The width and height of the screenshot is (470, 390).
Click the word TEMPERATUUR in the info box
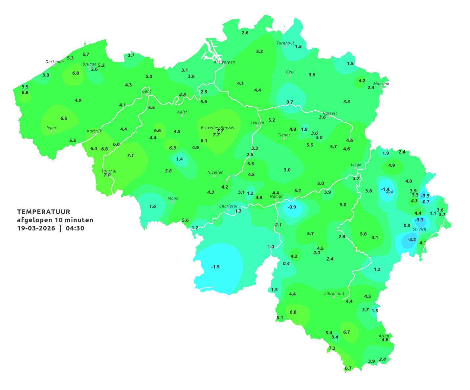point(43,212)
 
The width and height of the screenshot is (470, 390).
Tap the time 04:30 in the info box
point(75,228)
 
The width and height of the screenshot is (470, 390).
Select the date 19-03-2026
point(36,228)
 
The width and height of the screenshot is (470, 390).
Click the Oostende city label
point(54,62)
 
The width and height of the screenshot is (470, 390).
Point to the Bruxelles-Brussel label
point(217,127)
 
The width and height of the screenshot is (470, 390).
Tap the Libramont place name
point(334,293)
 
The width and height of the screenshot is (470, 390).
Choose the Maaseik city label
point(381,84)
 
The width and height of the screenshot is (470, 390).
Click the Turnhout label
point(285,43)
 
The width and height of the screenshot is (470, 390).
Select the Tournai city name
point(109,171)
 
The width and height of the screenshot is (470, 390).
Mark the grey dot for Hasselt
point(330,117)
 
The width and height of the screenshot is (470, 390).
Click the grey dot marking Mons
point(172,202)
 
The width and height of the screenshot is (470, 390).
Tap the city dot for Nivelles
point(215,176)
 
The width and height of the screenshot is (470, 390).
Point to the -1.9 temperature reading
point(215,267)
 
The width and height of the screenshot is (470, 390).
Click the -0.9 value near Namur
point(292,207)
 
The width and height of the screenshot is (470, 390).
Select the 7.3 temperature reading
point(332,348)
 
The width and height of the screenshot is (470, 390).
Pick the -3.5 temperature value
point(425,196)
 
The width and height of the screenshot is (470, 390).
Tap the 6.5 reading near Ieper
point(64,118)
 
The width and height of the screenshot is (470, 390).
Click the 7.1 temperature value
point(130,155)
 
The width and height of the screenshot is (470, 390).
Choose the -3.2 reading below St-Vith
point(412,239)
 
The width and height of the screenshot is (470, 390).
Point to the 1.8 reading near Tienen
point(304,129)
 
